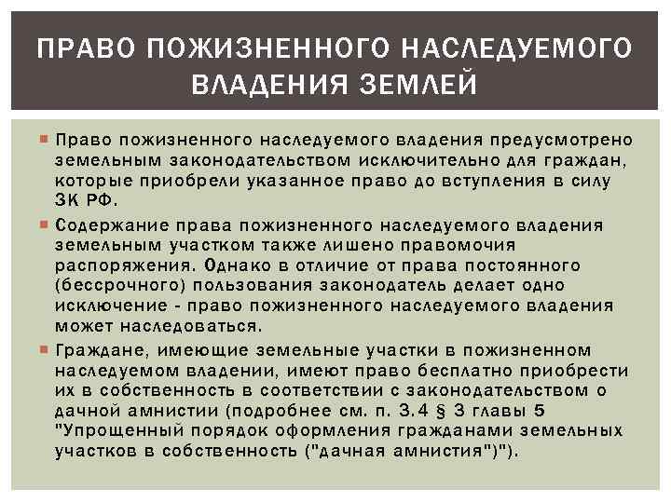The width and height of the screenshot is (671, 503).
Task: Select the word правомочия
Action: pos(462,246)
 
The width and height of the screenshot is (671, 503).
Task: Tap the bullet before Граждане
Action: pos(47,350)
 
